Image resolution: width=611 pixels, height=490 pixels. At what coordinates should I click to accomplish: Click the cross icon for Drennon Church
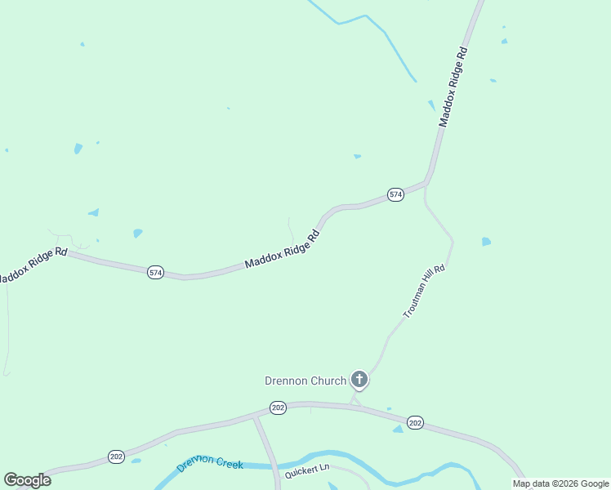(359, 379)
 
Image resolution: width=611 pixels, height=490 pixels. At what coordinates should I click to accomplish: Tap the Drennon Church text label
(305, 381)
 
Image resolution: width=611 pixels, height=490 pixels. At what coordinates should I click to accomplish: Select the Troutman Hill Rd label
(424, 292)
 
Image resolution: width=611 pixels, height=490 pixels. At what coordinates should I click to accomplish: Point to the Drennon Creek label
(211, 463)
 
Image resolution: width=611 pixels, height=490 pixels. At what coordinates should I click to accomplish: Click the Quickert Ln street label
(306, 471)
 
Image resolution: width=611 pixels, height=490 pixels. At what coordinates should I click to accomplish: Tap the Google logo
(27, 480)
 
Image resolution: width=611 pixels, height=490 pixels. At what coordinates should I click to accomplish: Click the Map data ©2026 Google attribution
(560, 483)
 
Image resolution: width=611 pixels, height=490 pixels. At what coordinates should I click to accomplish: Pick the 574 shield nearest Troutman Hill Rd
(395, 194)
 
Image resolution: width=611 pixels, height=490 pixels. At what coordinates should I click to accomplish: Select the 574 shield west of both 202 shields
(155, 272)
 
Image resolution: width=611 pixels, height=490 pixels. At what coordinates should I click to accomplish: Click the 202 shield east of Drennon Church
(415, 422)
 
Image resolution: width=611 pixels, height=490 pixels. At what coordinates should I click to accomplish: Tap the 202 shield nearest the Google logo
(116, 457)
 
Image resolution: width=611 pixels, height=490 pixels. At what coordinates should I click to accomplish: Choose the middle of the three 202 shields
(278, 408)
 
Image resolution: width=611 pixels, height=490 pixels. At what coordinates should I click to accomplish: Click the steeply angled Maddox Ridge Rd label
(454, 86)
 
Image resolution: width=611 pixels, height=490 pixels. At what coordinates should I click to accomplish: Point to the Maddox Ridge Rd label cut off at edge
(31, 265)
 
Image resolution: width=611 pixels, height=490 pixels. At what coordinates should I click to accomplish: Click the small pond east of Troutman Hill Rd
(487, 242)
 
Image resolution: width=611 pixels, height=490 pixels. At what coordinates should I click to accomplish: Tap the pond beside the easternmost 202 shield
(398, 429)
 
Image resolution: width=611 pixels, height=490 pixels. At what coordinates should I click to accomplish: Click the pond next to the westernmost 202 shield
(136, 461)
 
